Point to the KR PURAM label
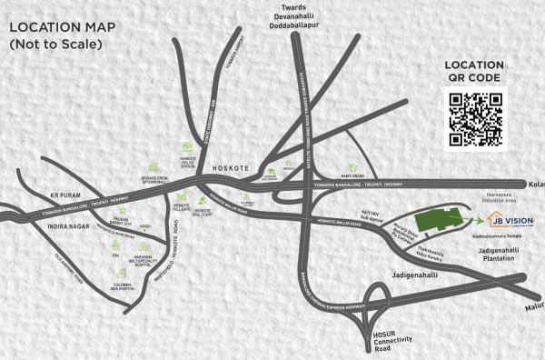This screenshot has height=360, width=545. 42,195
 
